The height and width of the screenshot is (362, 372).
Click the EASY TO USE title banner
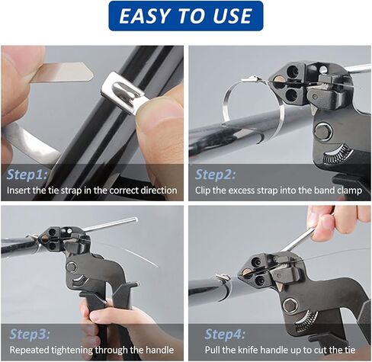[186, 16]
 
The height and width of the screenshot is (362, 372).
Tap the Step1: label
[27, 175]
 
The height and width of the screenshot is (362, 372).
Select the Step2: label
[215, 175]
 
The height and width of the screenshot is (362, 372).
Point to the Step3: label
[30, 334]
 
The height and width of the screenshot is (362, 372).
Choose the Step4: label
[225, 334]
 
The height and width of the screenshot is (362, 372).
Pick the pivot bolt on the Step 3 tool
[72, 267]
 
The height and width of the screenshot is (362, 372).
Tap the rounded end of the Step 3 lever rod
[135, 219]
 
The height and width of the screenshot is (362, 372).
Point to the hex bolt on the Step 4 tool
[290, 305]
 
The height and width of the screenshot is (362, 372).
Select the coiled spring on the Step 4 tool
[306, 321]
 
